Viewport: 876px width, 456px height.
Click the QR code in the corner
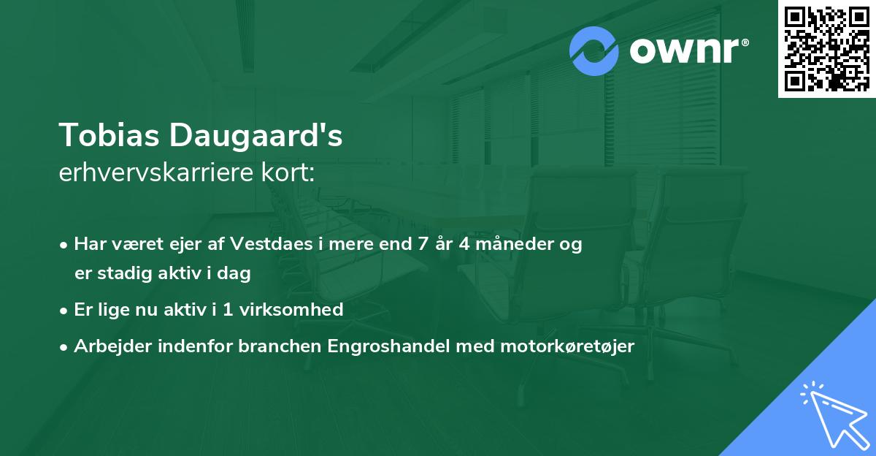[x=826, y=48]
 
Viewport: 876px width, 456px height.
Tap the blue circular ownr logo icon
[x=594, y=51]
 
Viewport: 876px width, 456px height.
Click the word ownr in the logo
[x=688, y=51]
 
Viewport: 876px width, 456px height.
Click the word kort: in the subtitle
[x=290, y=173]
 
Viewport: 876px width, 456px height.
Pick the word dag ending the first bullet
[x=236, y=274]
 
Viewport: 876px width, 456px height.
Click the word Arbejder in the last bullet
[x=107, y=346]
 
